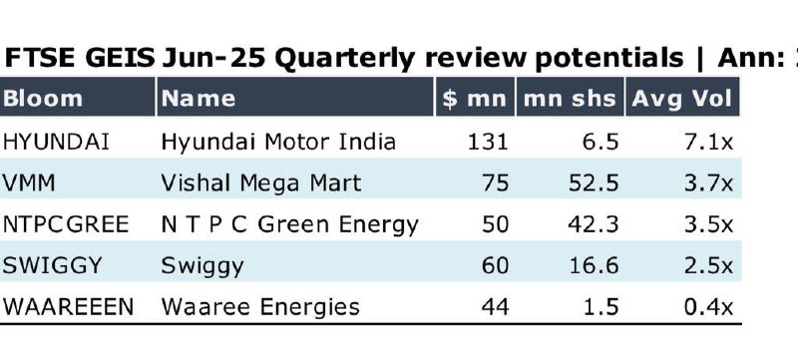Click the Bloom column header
point(42,98)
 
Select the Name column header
point(199,98)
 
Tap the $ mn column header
point(475,98)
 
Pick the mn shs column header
point(570,98)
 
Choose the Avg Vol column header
point(682,99)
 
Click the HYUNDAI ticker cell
point(56,142)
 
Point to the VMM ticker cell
point(29,183)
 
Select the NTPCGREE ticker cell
point(66,224)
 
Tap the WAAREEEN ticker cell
point(68,306)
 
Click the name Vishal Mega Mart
point(261,183)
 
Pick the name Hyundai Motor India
point(278,142)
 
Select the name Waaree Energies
point(260,307)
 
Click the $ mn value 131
point(488,142)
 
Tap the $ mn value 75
point(495,183)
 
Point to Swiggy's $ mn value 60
point(495,265)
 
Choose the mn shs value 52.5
point(594,183)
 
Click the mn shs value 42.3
point(594,224)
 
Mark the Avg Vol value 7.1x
point(709,142)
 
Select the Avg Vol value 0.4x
point(709,306)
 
